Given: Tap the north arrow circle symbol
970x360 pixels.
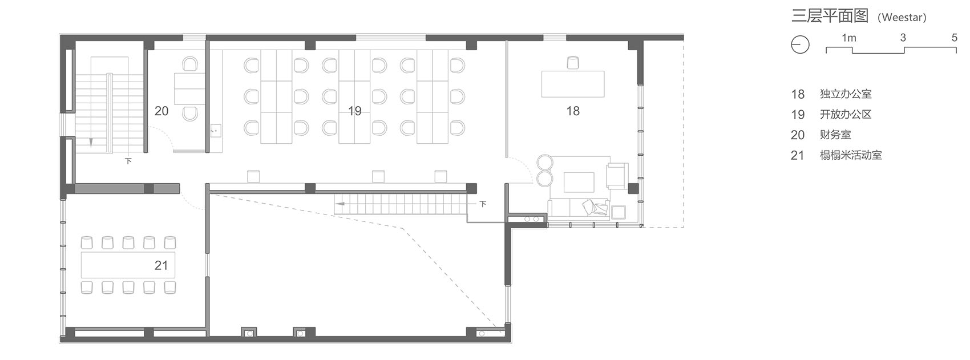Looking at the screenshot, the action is (800, 45).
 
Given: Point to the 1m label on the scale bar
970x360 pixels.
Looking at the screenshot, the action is (849, 38).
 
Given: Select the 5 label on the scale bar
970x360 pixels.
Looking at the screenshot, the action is (955, 38).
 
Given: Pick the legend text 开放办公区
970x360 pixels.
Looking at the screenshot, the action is (845, 114).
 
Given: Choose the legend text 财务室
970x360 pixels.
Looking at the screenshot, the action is (835, 135).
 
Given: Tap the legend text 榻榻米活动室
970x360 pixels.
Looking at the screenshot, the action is (851, 155).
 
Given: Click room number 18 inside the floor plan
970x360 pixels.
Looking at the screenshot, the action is (573, 111).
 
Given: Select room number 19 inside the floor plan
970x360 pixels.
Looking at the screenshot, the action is (355, 111).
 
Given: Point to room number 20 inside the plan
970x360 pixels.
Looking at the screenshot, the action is (161, 111).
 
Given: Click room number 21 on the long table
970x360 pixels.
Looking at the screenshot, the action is (161, 265).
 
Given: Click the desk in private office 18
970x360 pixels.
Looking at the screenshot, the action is (573, 84).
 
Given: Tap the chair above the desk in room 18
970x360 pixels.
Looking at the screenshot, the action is (573, 63).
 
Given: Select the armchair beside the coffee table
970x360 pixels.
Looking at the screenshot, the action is (617, 176).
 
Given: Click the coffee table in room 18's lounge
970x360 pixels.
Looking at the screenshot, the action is (579, 182).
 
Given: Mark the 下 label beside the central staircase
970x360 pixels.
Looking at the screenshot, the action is (483, 204).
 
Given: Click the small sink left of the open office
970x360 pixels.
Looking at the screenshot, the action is (216, 131).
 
